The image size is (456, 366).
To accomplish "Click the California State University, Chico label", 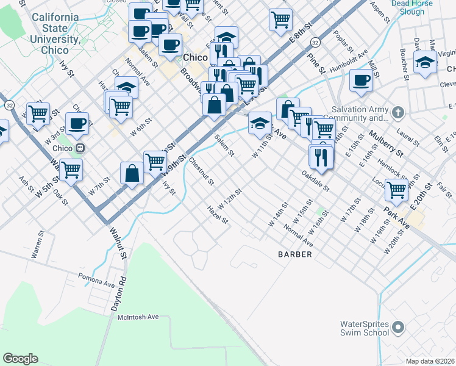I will pos(55,29).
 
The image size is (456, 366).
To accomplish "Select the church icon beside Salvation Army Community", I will pos(398,113).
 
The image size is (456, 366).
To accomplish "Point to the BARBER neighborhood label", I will pos(295,254).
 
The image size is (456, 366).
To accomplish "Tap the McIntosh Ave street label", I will pos(138,317).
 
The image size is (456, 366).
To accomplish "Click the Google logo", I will pos(20,358).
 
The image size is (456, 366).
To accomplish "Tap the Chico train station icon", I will pos(79,148).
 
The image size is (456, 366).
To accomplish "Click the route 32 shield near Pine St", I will pos(314,42).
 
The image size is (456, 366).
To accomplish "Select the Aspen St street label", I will pos(380,10).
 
